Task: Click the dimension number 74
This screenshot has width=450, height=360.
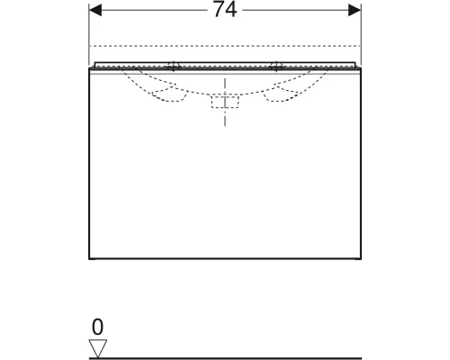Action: point(225,10)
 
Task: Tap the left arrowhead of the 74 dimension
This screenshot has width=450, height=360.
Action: point(95,10)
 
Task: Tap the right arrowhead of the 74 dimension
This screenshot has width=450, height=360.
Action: point(355,10)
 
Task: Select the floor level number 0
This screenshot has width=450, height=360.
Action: point(98,327)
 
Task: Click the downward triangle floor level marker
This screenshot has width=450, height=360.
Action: point(98,348)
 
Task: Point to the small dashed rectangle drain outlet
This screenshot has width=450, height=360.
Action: point(225,102)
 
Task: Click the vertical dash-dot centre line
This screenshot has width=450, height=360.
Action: point(225,102)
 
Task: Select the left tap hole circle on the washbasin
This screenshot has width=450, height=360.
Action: point(174,67)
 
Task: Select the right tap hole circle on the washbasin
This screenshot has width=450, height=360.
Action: point(276,67)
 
